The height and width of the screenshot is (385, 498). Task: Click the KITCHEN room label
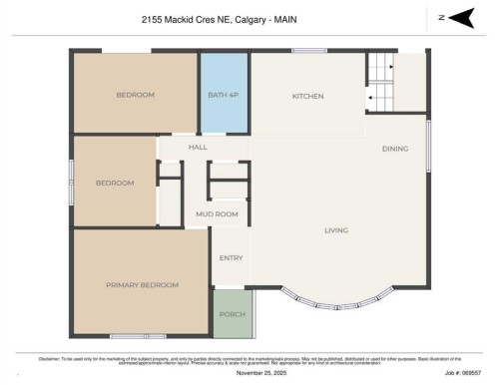point(307,96)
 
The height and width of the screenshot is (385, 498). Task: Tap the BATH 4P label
point(224,95)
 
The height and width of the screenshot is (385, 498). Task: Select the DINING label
point(395,149)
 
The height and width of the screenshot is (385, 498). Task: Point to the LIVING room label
point(336,230)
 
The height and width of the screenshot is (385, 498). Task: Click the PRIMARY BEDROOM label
point(143,285)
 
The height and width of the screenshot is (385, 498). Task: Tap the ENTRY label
point(231,258)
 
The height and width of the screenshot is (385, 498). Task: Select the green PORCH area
point(232,314)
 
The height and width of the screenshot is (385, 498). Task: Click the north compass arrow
point(460,17)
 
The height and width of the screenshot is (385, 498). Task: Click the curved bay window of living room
point(342,299)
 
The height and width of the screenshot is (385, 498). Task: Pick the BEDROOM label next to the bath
point(135,95)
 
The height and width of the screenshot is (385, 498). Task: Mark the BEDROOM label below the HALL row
point(115,184)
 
